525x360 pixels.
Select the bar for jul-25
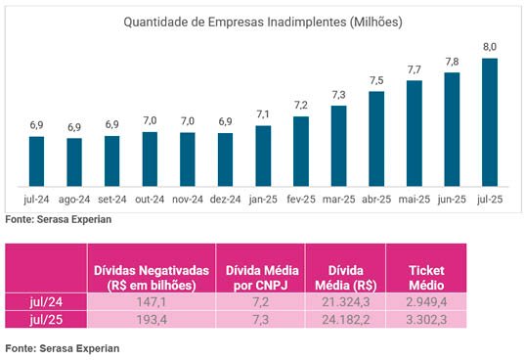click(490, 122)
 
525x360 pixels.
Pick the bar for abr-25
click(376, 138)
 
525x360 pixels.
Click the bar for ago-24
click(74, 161)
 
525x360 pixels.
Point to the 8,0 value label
click(490, 47)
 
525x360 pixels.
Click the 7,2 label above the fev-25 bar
click(301, 105)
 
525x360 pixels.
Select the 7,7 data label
click(414, 69)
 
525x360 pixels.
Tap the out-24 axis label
click(150, 201)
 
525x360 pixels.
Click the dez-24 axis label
click(225, 201)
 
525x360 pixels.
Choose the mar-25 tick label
click(338, 201)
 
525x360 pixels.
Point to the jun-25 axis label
click(452, 201)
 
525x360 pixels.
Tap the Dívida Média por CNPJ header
click(261, 277)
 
